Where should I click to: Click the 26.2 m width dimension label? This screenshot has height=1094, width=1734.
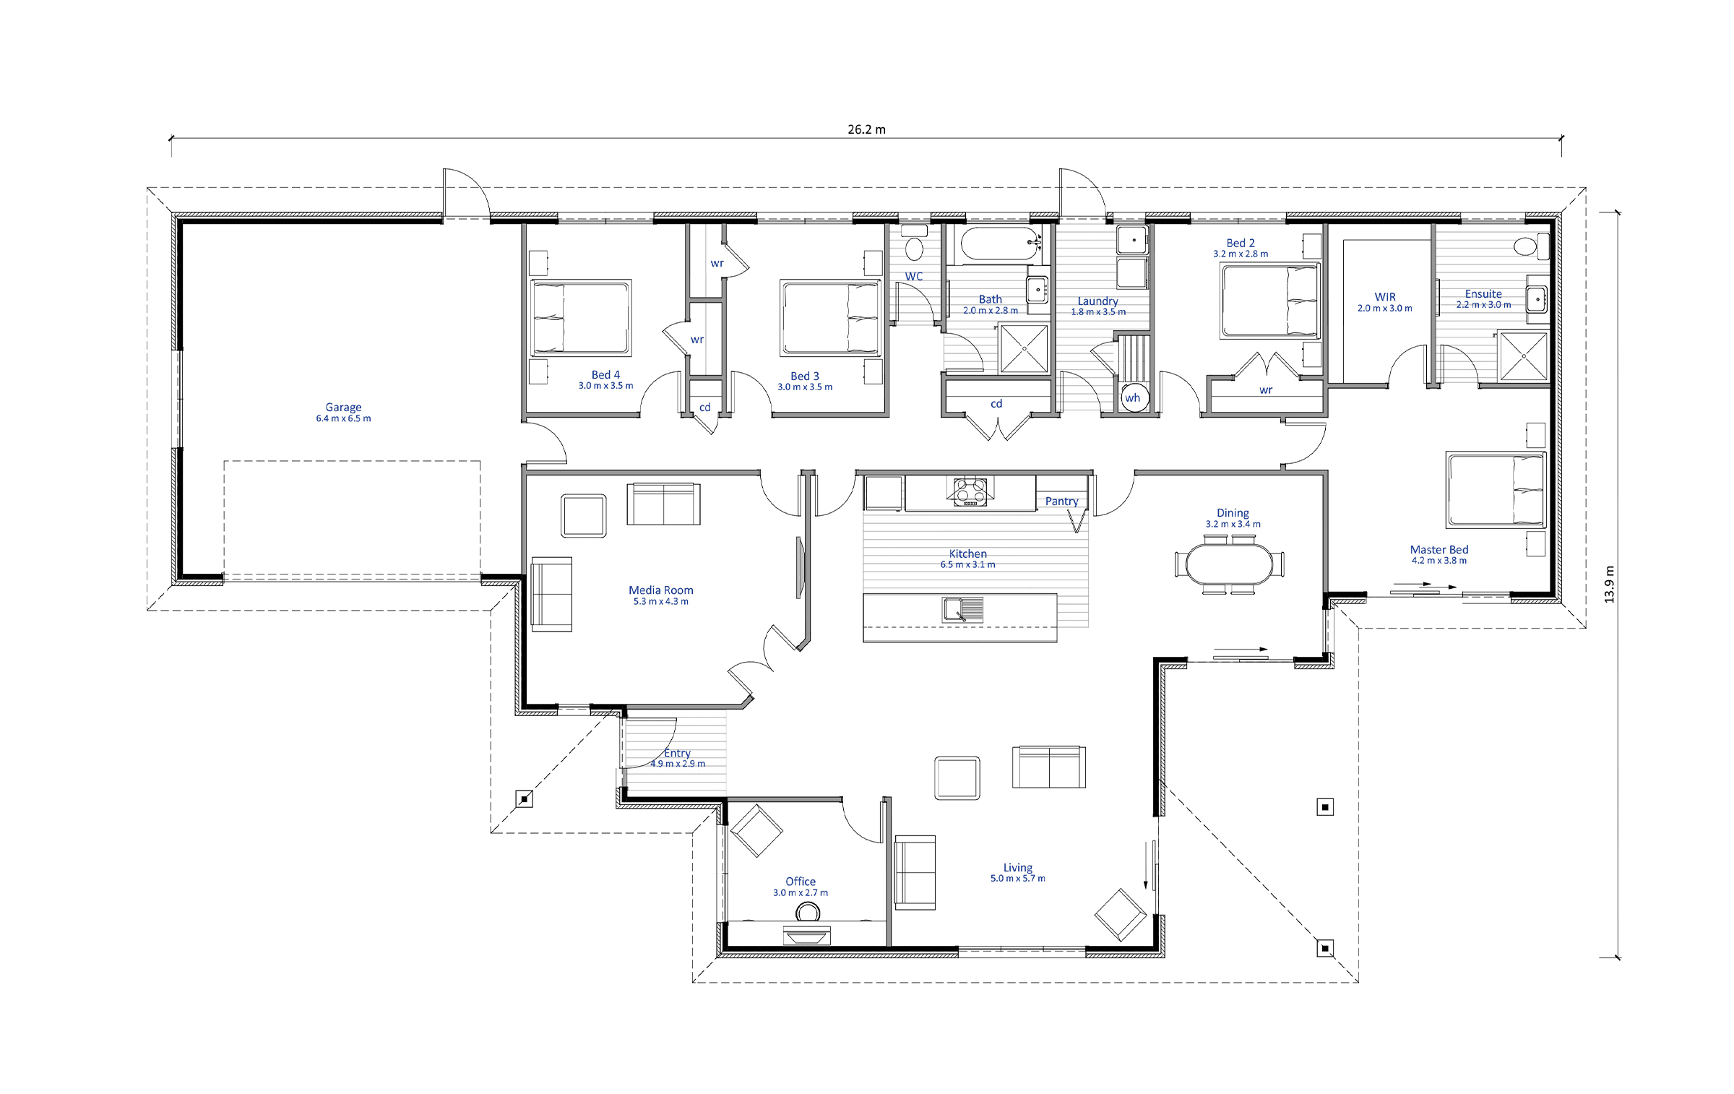[866, 129]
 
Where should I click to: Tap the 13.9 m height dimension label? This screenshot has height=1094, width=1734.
[1609, 585]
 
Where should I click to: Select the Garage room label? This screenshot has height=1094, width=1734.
[343, 408]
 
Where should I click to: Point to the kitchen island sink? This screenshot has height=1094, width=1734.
[962, 609]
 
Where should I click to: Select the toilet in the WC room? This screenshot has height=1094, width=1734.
[914, 244]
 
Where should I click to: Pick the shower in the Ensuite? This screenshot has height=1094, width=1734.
[1522, 356]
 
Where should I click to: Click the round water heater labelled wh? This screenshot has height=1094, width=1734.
[1133, 398]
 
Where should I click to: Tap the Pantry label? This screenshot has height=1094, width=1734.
[1061, 501]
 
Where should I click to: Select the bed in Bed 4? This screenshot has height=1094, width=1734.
[580, 318]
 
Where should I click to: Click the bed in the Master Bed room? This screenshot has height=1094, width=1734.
[1496, 490]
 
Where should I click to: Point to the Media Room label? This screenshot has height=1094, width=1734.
[660, 590]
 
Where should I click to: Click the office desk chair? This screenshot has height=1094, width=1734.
[808, 913]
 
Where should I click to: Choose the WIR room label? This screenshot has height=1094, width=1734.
[1385, 297]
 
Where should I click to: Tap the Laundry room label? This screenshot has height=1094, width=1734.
[1097, 301]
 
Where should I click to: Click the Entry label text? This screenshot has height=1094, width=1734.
[677, 753]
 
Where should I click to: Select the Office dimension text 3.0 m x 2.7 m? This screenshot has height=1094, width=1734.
[801, 893]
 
